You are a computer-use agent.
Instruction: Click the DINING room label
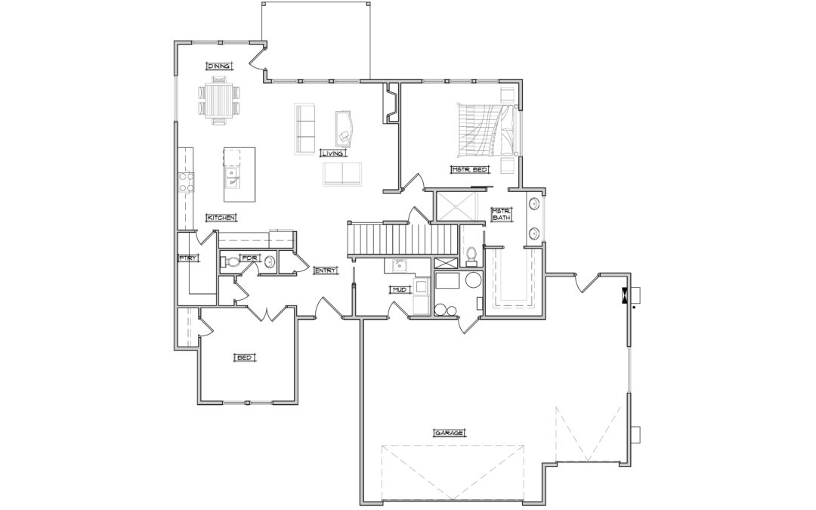(219, 66)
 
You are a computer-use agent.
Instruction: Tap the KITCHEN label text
(221, 218)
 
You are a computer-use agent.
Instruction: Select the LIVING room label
(332, 153)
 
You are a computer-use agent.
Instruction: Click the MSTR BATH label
(502, 214)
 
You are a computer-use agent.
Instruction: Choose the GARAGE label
(449, 432)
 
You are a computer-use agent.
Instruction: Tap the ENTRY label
(326, 270)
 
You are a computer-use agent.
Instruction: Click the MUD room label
(399, 289)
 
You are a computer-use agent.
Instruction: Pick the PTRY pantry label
(187, 258)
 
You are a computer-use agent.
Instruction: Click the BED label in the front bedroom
(245, 357)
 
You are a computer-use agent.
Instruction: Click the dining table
(219, 100)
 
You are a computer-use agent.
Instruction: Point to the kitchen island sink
(232, 177)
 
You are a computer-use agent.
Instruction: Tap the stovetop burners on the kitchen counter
(187, 181)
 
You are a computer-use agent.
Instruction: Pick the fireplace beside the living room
(391, 103)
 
